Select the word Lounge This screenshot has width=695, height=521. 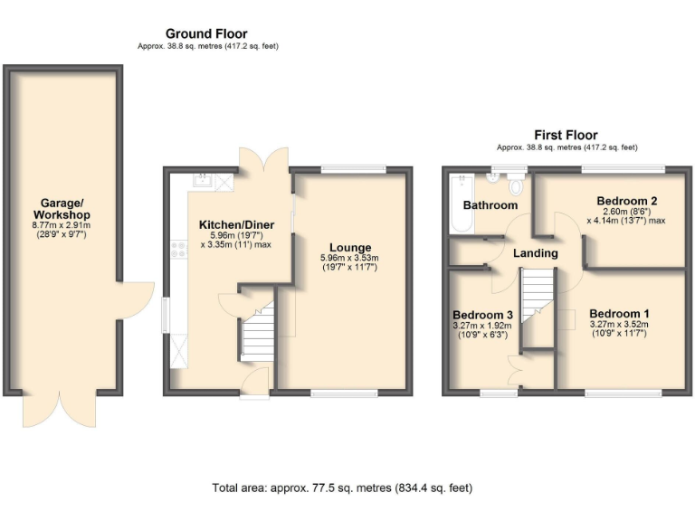pyautogui.click(x=349, y=247)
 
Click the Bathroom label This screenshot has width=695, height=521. pyautogui.click(x=490, y=205)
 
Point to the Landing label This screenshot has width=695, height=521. pyautogui.click(x=535, y=253)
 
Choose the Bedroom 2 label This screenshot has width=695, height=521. pyautogui.click(x=626, y=200)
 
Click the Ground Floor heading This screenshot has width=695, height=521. pyautogui.click(x=206, y=34)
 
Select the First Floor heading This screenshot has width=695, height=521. pyautogui.click(x=566, y=136)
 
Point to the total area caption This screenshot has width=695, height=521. pyautogui.click(x=342, y=488)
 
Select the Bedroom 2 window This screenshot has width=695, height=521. pyautogui.click(x=623, y=168)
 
